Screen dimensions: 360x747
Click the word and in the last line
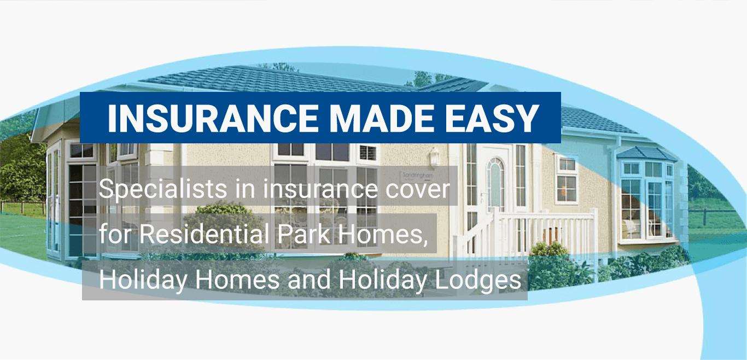308,281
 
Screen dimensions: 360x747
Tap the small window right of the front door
566,178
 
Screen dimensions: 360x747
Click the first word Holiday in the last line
143,281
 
